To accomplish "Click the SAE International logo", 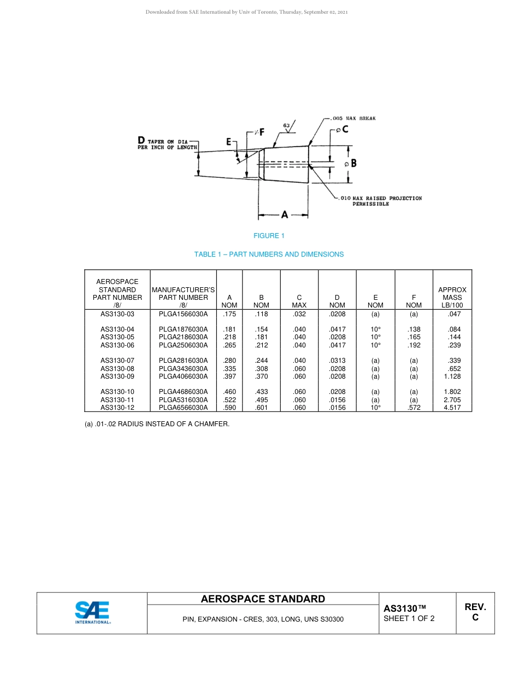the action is click(x=92, y=612).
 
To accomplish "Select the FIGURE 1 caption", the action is click(x=269, y=236).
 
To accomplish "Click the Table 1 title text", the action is click(x=269, y=254).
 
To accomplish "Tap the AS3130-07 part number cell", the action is click(x=117, y=361).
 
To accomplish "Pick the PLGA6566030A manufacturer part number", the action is click(x=183, y=408).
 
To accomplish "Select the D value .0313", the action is click(x=337, y=361).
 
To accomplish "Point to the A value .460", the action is click(x=229, y=392).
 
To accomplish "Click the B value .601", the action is click(x=261, y=408).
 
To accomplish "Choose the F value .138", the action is click(x=414, y=329).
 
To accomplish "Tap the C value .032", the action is click(x=299, y=314).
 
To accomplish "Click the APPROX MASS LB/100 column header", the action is click(x=452, y=297).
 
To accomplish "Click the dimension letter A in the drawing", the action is click(x=285, y=215).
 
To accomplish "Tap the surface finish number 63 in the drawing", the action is click(x=286, y=125).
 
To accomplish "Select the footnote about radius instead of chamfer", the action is click(x=157, y=423).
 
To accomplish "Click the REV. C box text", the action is click(x=475, y=612).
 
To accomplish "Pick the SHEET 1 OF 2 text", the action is click(x=409, y=619).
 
